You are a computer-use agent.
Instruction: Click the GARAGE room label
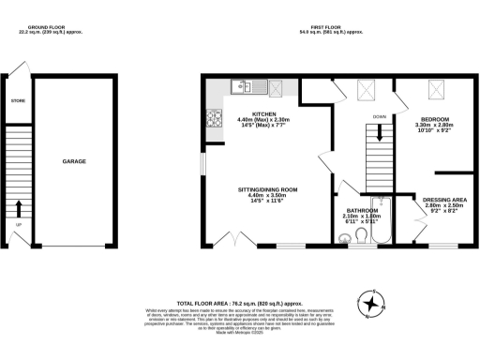pos(75,161)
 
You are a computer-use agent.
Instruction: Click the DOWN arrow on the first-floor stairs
pos(379,148)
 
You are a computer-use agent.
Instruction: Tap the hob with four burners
pos(213,119)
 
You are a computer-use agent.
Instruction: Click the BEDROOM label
pos(435,119)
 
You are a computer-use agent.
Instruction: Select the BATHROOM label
pos(362,210)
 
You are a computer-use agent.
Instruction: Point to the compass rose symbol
pos(373,303)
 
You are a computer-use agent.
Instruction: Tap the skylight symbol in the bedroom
pos(436,90)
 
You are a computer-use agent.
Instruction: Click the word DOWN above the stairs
pos(379,117)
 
